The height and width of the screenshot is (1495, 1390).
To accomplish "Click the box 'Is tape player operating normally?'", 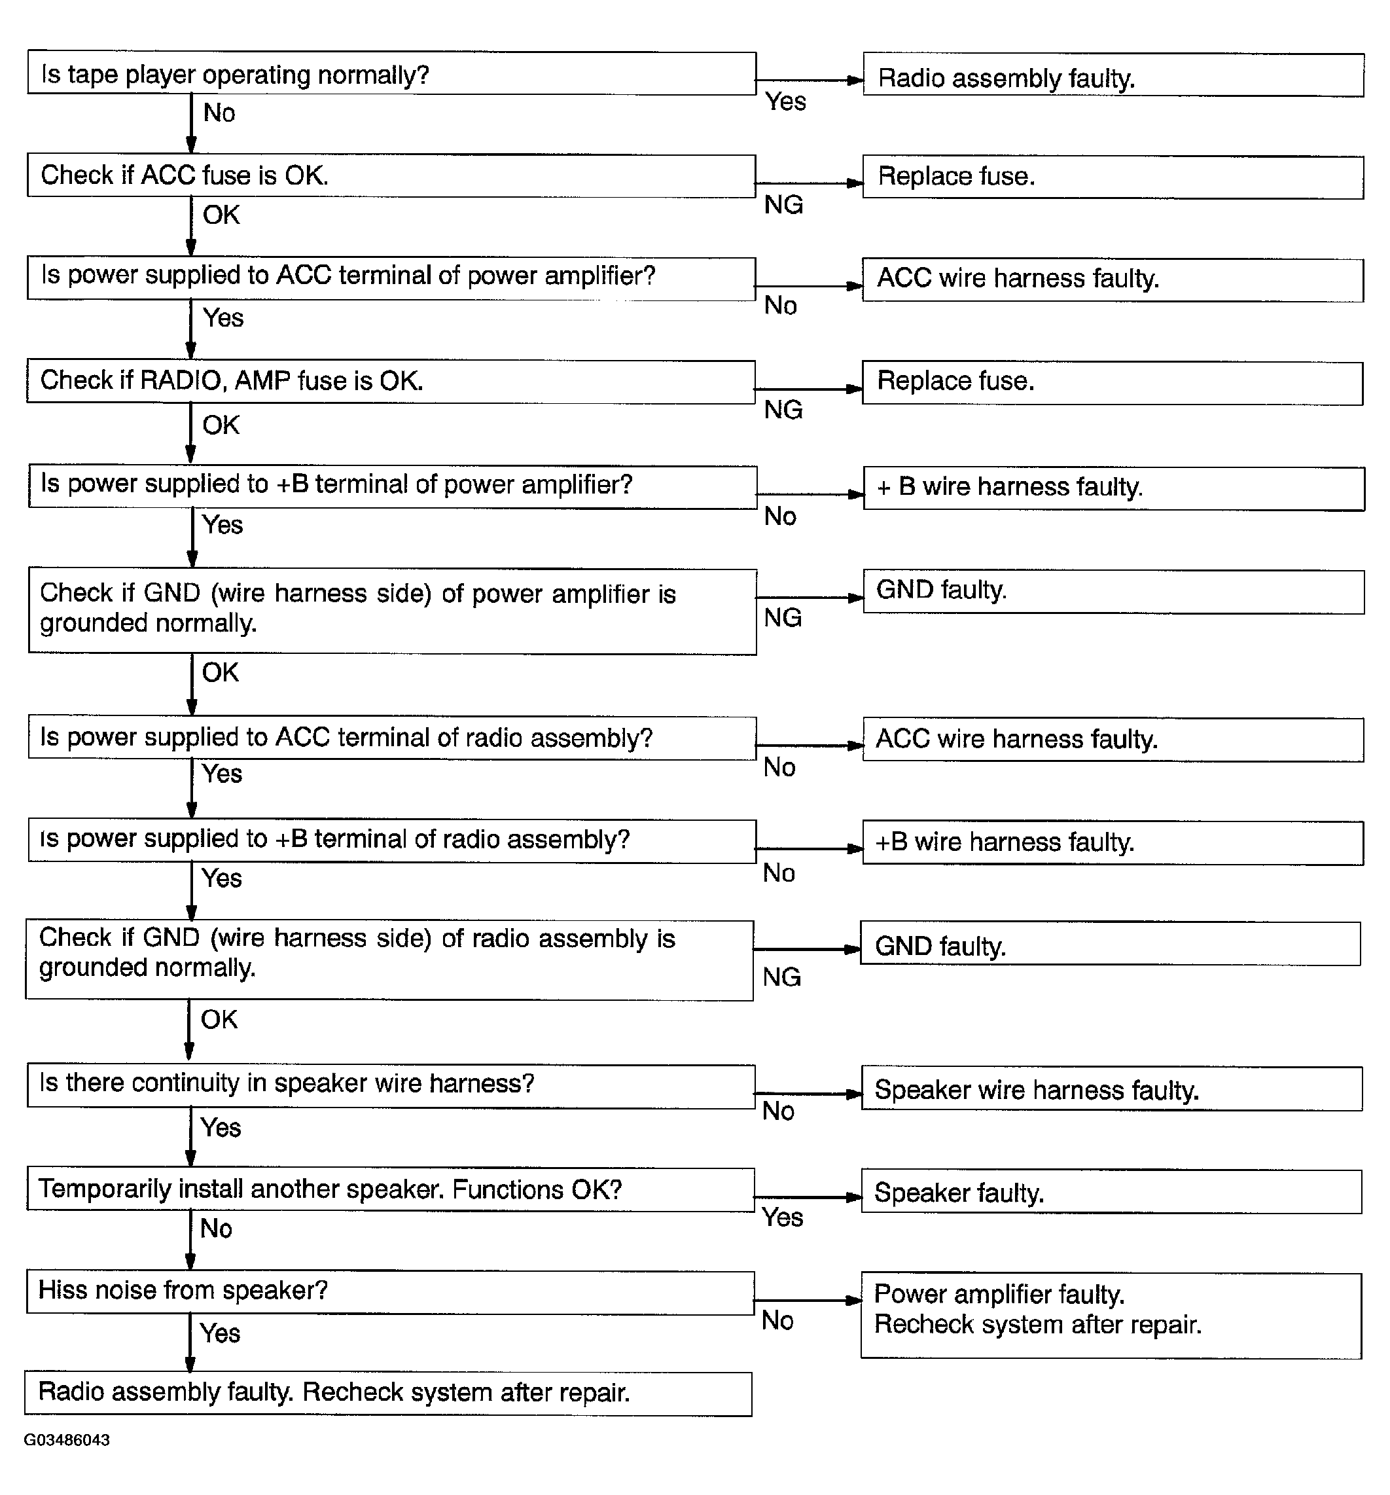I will click(x=391, y=74).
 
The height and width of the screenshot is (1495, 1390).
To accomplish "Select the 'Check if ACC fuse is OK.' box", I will click(x=391, y=176).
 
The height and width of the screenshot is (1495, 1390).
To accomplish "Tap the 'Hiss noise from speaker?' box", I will click(x=389, y=1293).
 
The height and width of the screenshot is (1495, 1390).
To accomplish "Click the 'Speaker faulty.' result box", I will click(x=1111, y=1192).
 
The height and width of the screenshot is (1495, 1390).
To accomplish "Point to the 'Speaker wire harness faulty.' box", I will click(x=1111, y=1089).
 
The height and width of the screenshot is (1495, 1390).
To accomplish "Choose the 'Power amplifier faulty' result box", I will click(x=1111, y=1315).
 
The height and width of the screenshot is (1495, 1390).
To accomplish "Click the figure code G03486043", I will click(x=67, y=1440).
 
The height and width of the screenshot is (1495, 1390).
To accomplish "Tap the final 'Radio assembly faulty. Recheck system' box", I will click(x=388, y=1394).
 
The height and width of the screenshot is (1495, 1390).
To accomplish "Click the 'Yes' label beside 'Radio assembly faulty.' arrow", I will click(x=785, y=101).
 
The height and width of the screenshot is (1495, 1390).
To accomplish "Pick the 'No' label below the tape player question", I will click(x=219, y=113).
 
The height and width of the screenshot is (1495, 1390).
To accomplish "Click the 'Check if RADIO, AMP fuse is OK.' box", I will click(x=391, y=381).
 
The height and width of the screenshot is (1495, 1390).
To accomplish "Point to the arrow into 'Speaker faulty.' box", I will click(x=808, y=1197).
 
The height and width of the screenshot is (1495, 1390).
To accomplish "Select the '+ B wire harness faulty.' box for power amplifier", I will click(x=1113, y=488).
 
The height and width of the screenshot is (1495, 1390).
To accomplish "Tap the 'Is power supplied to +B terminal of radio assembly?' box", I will click(x=391, y=840).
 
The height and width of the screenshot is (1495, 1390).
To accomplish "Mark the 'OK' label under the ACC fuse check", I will click(x=221, y=215).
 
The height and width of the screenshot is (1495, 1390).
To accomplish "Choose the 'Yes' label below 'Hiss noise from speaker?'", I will click(x=219, y=1333).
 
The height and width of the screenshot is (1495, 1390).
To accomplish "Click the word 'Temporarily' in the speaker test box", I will click(x=104, y=1189).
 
